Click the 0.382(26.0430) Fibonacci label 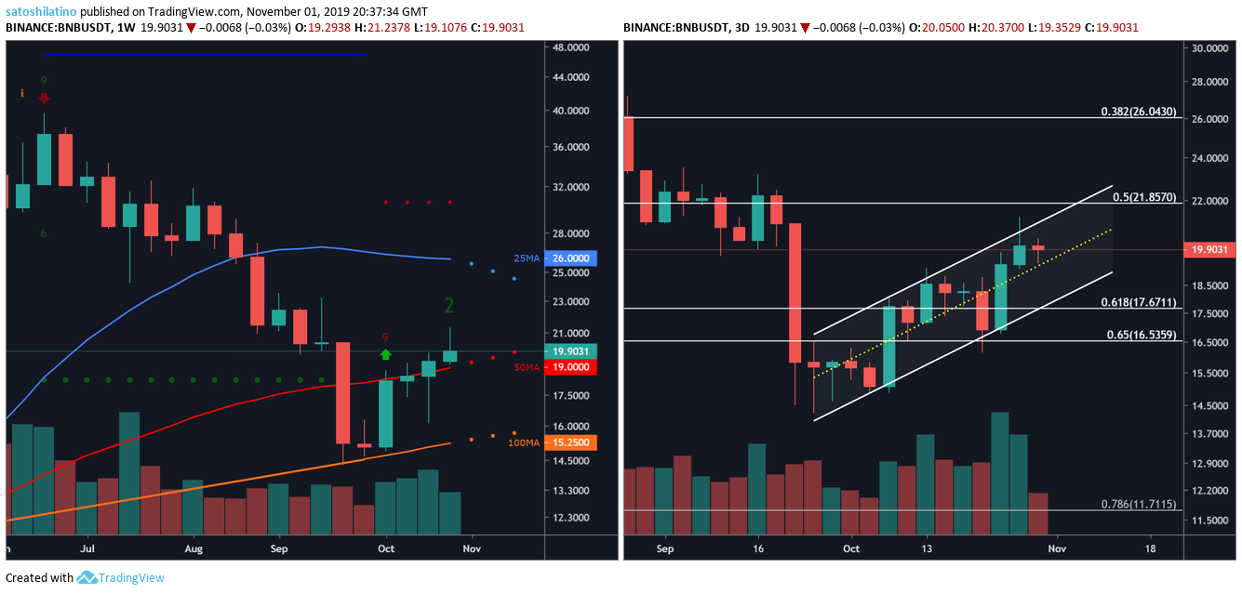[1140, 112]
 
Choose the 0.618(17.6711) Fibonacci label [1140, 302]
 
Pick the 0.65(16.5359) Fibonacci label [1142, 335]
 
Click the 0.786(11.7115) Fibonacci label [1140, 504]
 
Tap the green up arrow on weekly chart [386, 354]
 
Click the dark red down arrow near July [44, 98]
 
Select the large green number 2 [448, 306]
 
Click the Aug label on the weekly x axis [194, 548]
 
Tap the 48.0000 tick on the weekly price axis [568, 46]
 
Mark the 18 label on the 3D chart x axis [1151, 548]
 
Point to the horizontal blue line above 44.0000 [205, 54]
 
